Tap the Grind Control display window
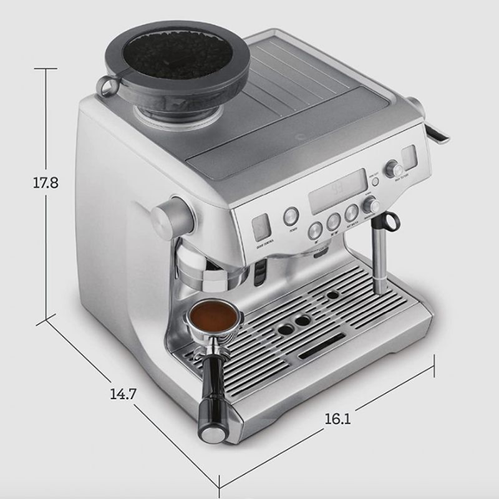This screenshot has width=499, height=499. click(259, 228)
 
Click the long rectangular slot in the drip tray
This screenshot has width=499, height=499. click(322, 345)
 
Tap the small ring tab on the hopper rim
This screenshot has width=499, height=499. click(107, 87)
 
